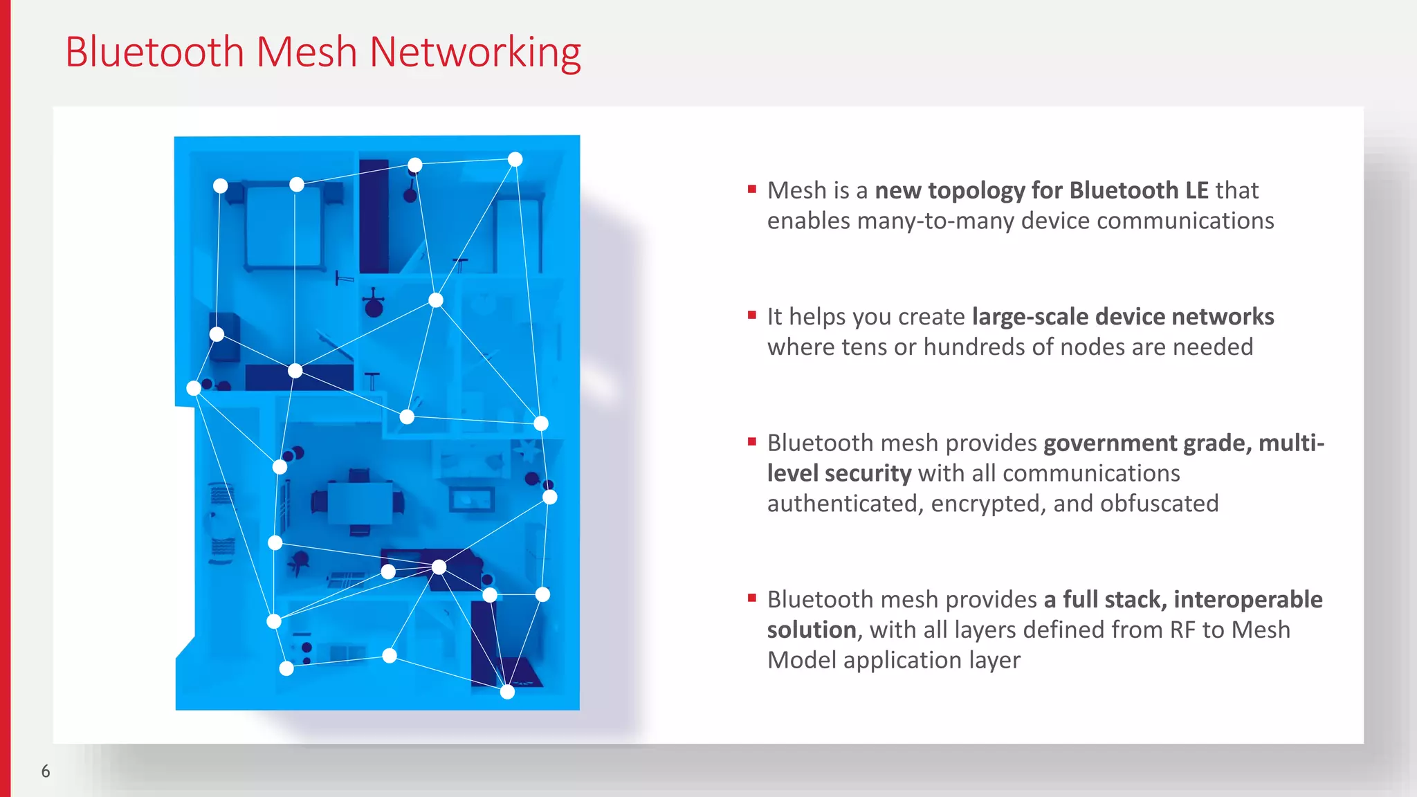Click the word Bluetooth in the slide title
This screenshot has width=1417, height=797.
[x=154, y=53]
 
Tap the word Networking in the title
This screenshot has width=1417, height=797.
[x=475, y=53]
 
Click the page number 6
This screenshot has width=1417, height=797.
[x=46, y=771]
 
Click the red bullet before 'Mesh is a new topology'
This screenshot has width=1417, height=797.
[x=752, y=189]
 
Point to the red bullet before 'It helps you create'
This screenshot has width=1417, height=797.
[x=752, y=315]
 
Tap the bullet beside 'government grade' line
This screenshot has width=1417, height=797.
[x=752, y=441]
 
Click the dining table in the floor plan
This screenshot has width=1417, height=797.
[x=360, y=503]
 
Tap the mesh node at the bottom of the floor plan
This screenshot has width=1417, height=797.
[x=507, y=692]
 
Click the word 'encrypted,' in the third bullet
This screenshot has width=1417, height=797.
[x=989, y=504]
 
